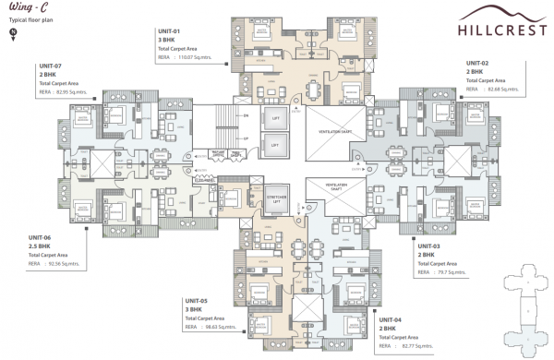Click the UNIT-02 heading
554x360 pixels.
[x=477, y=63]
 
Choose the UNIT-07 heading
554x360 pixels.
[x=50, y=66]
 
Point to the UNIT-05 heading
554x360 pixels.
[x=198, y=301]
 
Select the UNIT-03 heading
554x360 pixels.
[x=430, y=246]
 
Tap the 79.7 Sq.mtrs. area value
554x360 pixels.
[x=452, y=272]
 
